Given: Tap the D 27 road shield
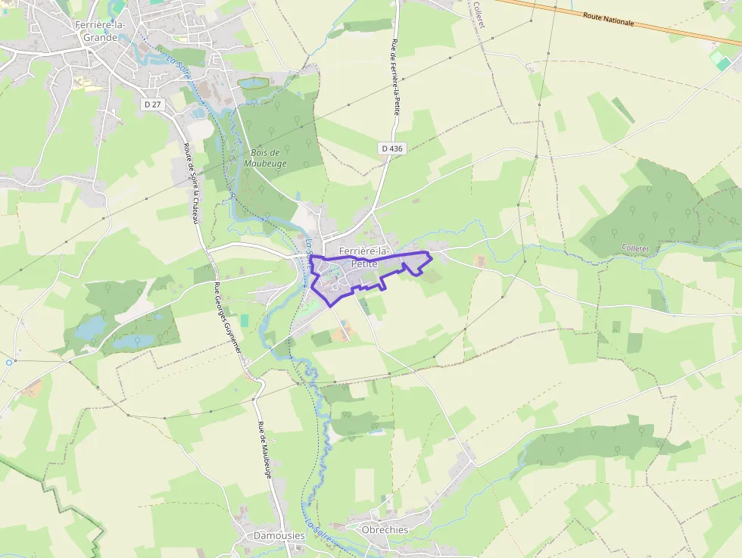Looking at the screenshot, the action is (152, 104).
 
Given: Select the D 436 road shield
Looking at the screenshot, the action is (391, 148).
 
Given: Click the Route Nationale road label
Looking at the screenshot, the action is (608, 18).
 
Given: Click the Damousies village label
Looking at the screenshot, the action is (279, 535).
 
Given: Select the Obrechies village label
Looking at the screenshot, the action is (385, 530).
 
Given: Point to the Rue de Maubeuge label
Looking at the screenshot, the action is (263, 449).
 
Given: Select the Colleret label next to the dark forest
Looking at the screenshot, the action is (636, 248).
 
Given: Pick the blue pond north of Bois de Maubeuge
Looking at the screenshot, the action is (253, 82).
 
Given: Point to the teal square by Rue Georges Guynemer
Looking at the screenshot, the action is (244, 320).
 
